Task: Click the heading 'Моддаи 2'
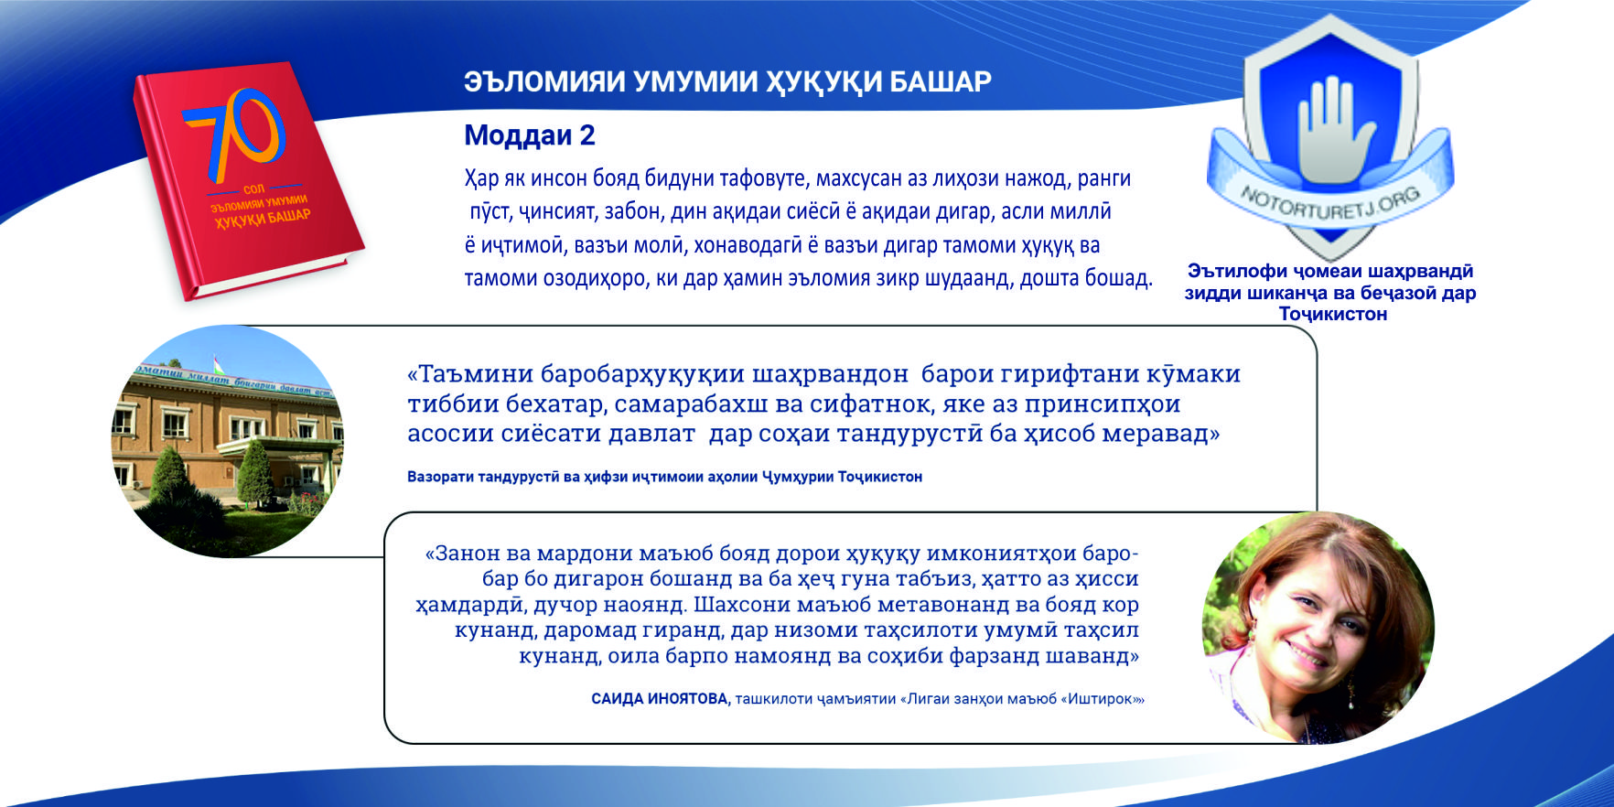(530, 135)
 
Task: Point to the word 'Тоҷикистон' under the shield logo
(1332, 314)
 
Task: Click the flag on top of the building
(216, 362)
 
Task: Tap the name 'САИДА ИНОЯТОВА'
(660, 699)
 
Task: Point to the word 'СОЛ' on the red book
(254, 189)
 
